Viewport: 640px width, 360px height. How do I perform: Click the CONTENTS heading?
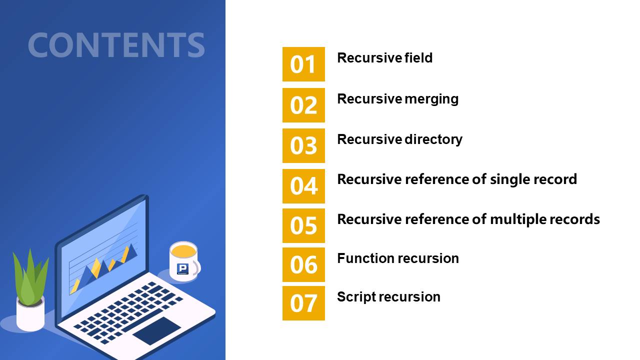[x=116, y=45]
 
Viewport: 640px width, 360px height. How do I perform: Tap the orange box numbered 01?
[x=303, y=64]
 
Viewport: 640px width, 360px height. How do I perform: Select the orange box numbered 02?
[x=303, y=105]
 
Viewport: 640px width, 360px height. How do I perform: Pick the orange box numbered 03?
[x=303, y=145]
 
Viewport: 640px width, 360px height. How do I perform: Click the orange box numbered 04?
[x=303, y=186]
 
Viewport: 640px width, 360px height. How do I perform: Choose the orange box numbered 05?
[x=303, y=225]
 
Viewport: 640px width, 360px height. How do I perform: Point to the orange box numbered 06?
[x=303, y=265]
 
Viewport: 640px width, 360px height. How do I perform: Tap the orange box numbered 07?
[x=303, y=303]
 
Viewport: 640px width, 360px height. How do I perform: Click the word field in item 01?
[x=418, y=57]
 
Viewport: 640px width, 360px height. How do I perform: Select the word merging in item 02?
[x=431, y=99]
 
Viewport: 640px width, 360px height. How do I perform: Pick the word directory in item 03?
[x=433, y=140]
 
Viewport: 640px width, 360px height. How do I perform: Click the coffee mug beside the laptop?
[x=184, y=261]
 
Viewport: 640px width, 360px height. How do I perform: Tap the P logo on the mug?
[x=182, y=269]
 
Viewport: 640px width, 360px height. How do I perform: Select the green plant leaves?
[x=31, y=277]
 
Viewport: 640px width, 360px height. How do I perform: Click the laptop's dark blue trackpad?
[x=157, y=330]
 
